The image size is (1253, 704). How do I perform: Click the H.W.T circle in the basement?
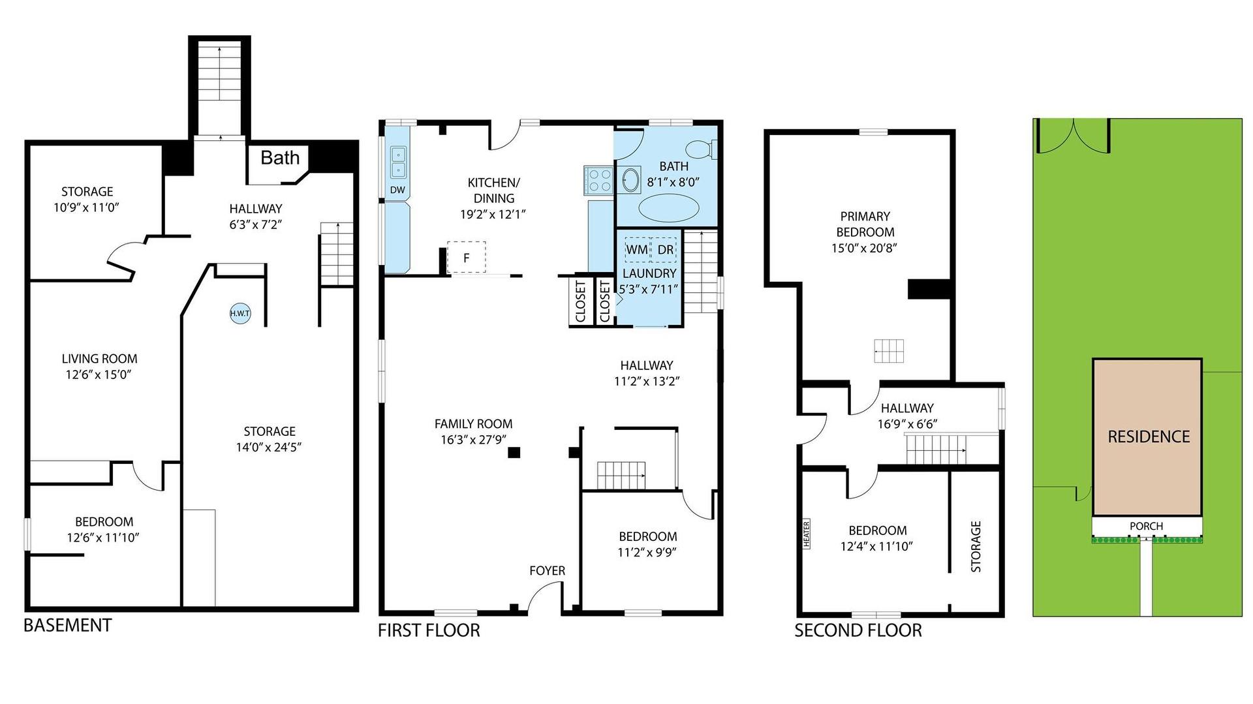(x=240, y=314)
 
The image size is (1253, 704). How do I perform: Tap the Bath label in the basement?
(x=280, y=158)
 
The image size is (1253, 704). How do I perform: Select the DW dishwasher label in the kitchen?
(x=397, y=191)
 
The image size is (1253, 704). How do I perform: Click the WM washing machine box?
(x=637, y=249)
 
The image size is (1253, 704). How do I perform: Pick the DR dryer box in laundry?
(x=665, y=249)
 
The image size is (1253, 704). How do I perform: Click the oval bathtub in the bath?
(x=668, y=209)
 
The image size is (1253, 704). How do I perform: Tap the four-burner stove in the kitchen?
(x=598, y=179)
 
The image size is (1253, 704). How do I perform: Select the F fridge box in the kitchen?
(x=467, y=257)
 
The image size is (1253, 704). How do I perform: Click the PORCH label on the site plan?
(x=1146, y=526)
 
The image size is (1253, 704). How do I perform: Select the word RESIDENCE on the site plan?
(x=1149, y=436)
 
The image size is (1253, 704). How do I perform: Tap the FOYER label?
(x=547, y=571)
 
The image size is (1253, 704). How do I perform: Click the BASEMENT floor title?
(x=67, y=625)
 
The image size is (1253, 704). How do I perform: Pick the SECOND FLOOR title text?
(x=858, y=630)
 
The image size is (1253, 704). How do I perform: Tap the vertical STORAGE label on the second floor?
(x=976, y=546)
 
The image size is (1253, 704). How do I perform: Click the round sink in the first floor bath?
(x=630, y=180)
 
